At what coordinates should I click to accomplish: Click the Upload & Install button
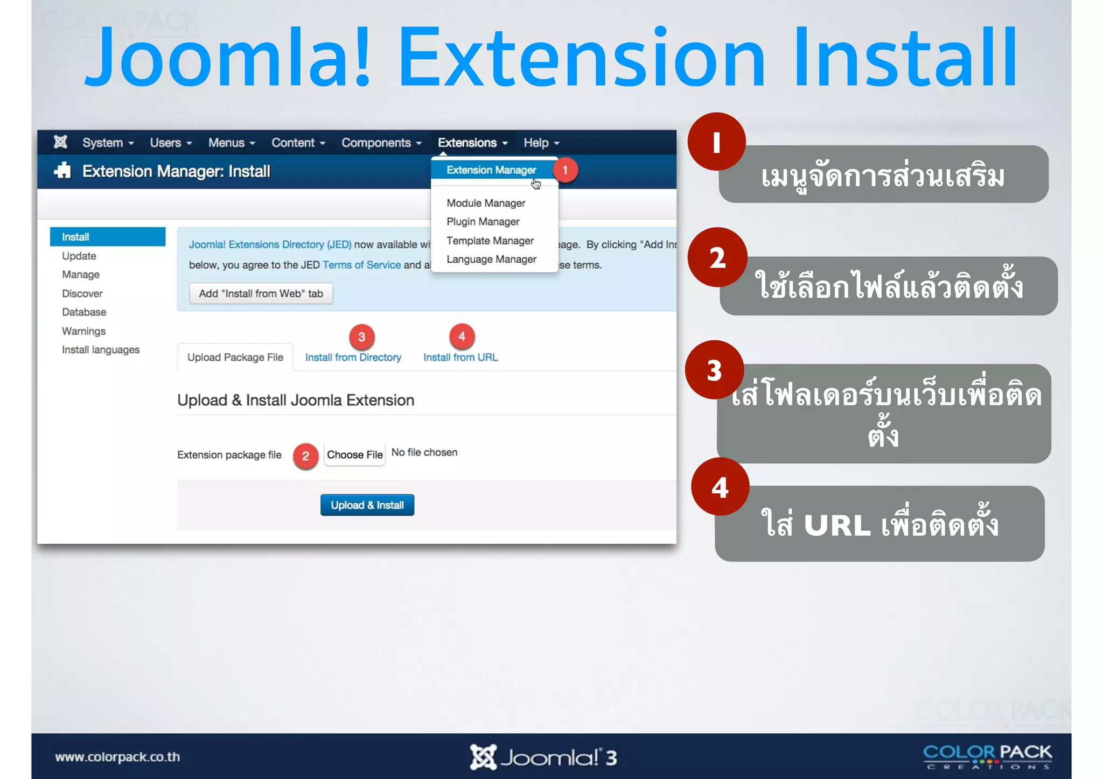coord(367,505)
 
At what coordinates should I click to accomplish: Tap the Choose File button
coord(354,455)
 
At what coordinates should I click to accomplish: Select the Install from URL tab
coord(460,357)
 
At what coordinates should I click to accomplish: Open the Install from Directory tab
coord(353,357)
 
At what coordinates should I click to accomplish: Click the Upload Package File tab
coord(235,357)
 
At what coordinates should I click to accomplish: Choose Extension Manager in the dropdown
coord(491,170)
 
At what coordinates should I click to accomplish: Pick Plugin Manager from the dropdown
coord(483,222)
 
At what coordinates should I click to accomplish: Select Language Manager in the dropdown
coord(491,259)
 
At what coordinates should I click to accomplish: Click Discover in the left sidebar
coord(82,293)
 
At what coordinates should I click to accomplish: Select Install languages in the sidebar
coord(100,350)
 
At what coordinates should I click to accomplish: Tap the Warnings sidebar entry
coord(83,331)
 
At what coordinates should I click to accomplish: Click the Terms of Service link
coord(361,265)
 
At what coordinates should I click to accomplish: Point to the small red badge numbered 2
coord(305,456)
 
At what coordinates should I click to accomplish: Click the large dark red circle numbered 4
coord(720,487)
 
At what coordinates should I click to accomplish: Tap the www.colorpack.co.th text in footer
coord(117,757)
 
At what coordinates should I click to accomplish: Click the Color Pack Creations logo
coord(987,756)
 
